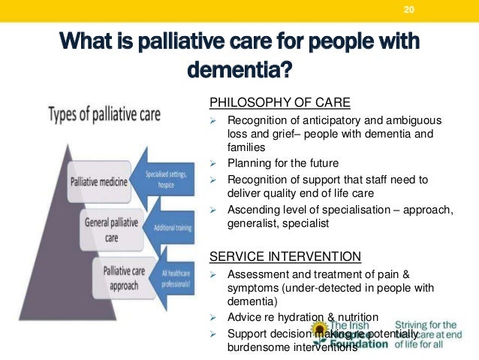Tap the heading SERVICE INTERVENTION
[285, 256]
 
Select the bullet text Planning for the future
[283, 163]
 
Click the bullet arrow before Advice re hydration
[213, 317]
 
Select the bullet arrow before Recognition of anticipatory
[213, 121]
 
